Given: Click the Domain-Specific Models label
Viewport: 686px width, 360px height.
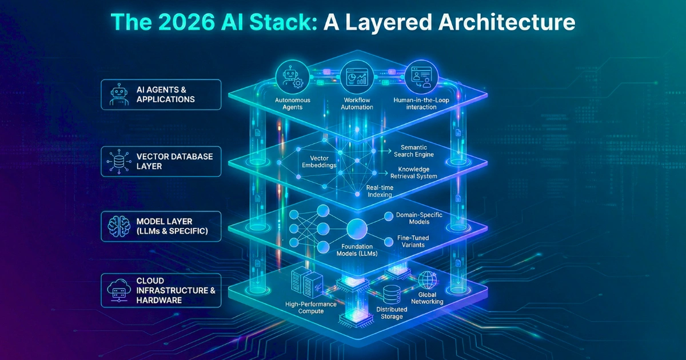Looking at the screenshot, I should (419, 219).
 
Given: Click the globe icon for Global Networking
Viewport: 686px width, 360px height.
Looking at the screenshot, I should (427, 279).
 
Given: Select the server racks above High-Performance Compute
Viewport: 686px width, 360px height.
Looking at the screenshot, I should (304, 282).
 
